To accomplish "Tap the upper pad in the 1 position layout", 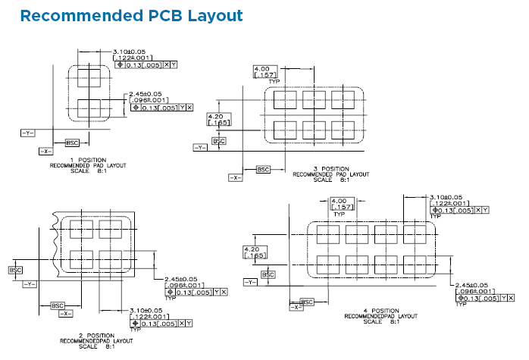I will [x=89, y=77].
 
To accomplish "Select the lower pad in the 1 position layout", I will [x=89, y=106].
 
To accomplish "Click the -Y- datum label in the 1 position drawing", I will [x=28, y=133].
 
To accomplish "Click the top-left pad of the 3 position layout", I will [x=285, y=99].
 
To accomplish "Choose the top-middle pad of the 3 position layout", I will [x=314, y=99].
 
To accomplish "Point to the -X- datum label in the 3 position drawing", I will [x=236, y=177].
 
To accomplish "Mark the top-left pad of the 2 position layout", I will [x=80, y=228].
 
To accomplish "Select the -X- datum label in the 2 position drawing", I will [x=67, y=313].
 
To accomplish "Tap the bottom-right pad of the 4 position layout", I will [x=414, y=264].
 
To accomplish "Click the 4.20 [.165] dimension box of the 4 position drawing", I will [x=252, y=252].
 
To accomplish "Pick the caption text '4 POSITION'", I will [x=381, y=311].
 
